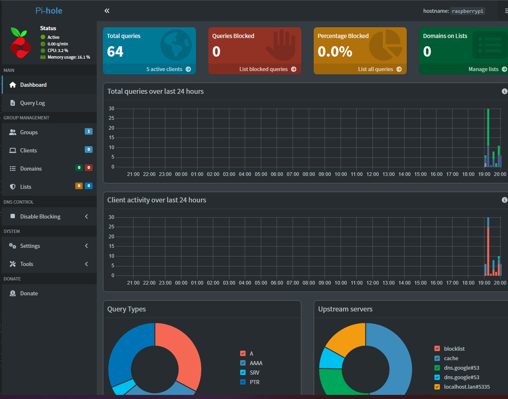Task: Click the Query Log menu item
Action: pos(32,103)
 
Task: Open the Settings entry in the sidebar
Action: pos(30,246)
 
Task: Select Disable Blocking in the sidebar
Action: pos(40,216)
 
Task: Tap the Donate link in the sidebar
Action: pos(29,293)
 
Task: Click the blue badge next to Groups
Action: pos(88,132)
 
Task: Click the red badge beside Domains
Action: pos(88,168)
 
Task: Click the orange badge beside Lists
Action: pos(79,186)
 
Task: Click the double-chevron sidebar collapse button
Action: pos(107,11)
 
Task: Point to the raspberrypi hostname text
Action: pos(468,11)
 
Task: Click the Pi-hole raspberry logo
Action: pos(19,43)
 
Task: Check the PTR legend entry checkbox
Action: pos(243,382)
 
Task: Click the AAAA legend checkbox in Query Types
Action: pos(243,363)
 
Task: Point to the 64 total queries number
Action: pos(115,52)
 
